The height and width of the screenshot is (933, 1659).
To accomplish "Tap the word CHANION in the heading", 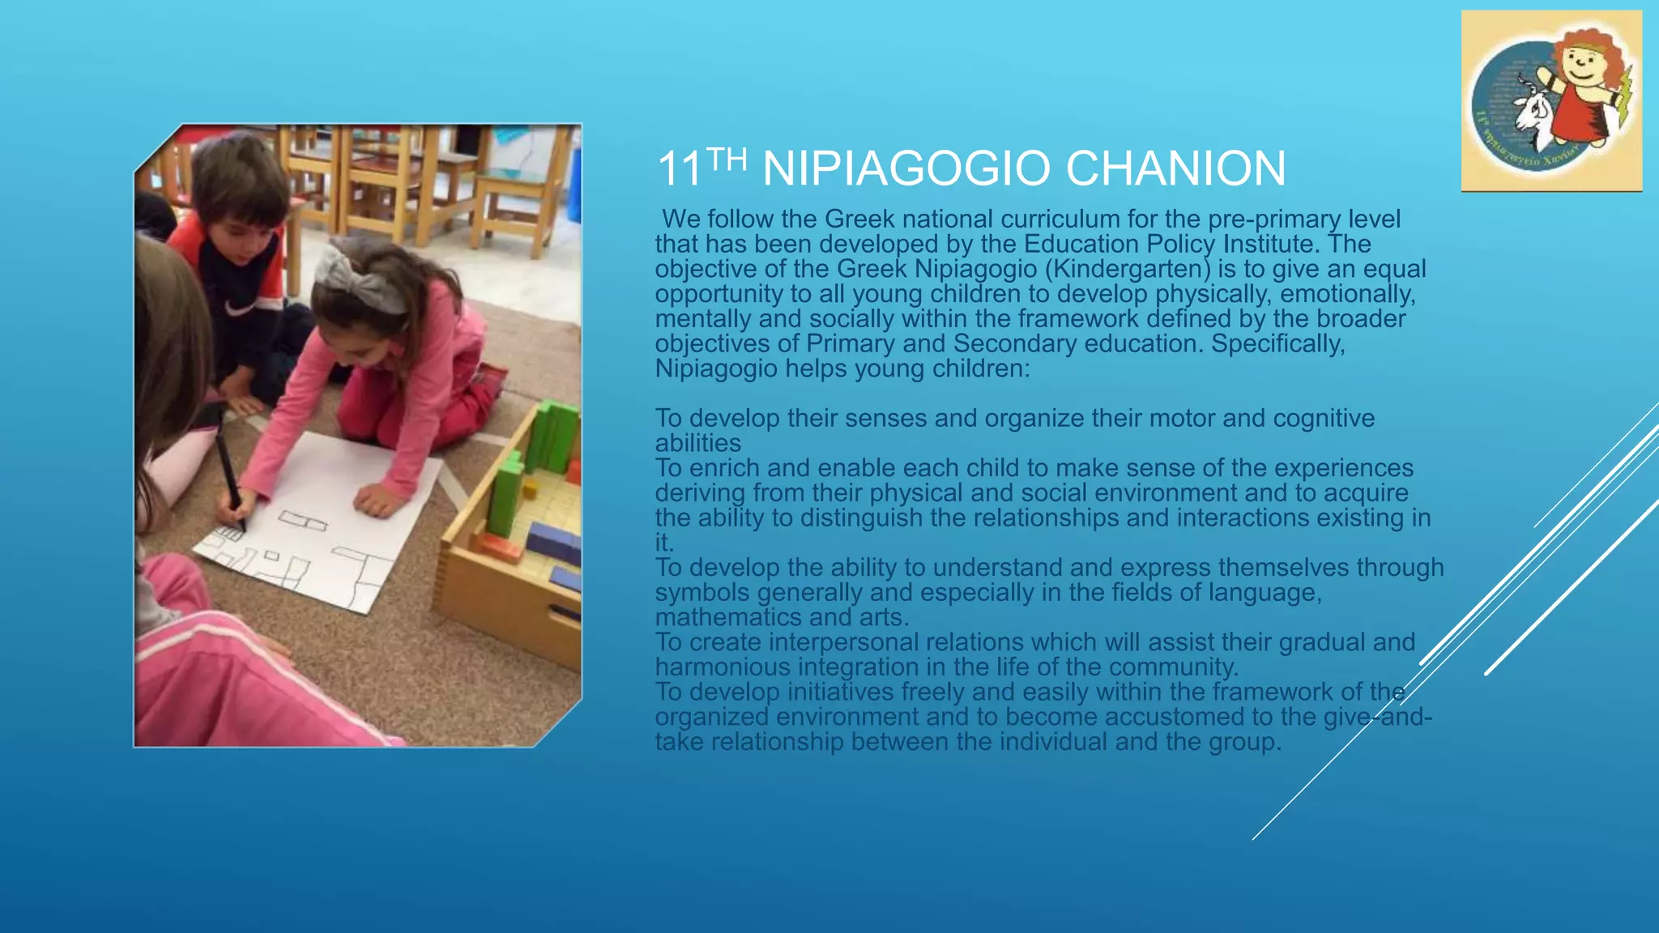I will tap(1175, 168).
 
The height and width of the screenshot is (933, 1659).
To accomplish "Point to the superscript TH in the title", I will tap(726, 160).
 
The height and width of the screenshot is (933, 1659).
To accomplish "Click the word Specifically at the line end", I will tap(1277, 343).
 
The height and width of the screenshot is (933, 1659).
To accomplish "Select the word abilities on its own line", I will tap(697, 443).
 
